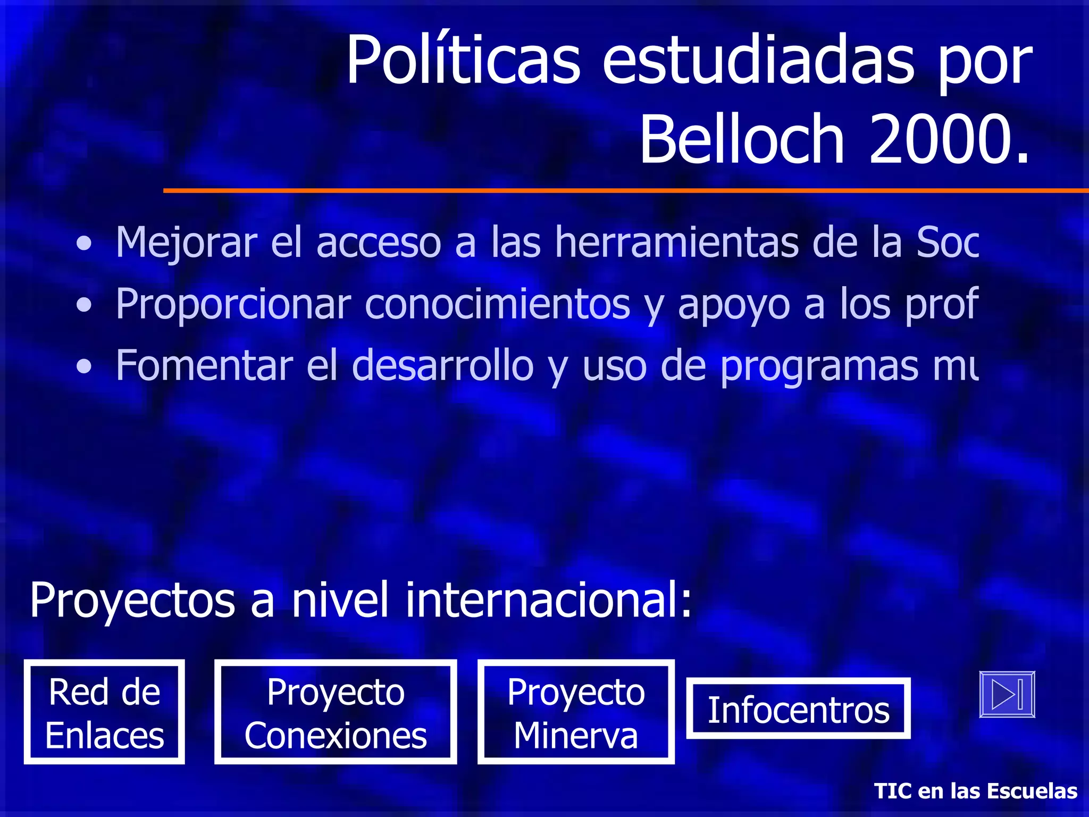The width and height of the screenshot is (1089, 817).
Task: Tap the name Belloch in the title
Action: click(x=742, y=139)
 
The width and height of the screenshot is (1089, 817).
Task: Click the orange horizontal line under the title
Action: click(x=625, y=190)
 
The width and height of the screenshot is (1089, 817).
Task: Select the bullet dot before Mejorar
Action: click(x=83, y=244)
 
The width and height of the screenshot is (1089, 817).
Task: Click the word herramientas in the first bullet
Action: click(x=676, y=243)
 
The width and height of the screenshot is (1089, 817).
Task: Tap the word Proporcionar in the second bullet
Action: click(x=233, y=304)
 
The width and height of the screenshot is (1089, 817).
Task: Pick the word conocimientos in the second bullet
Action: click(x=498, y=304)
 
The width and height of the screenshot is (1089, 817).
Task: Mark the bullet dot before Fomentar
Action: click(x=83, y=366)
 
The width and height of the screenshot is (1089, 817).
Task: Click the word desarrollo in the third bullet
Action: click(x=442, y=366)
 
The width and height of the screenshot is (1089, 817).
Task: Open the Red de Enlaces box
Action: click(x=104, y=712)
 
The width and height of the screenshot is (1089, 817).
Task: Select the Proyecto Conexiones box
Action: click(x=336, y=712)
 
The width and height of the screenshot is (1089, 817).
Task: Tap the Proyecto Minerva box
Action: click(x=576, y=712)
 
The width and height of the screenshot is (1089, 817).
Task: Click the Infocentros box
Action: click(x=798, y=708)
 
